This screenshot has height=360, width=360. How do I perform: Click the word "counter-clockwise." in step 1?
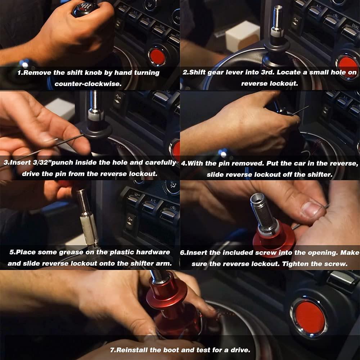coord(88,84)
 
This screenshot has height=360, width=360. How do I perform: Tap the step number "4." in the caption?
coord(184,163)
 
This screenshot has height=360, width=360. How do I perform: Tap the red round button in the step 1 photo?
coord(157,57)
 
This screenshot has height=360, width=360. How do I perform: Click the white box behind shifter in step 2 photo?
coord(242,36)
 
